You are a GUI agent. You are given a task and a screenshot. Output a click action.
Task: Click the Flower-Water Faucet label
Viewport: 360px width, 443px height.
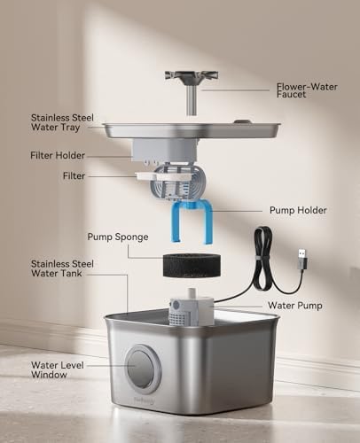point(307,90)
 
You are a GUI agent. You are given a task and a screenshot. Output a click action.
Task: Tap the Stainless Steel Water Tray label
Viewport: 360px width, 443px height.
point(62,122)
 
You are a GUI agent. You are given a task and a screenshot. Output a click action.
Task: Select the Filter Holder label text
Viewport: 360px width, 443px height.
point(58,155)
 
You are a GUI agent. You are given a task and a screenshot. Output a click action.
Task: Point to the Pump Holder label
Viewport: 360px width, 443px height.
point(298,210)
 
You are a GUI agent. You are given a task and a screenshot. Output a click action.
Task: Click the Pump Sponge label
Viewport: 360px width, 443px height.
point(118,237)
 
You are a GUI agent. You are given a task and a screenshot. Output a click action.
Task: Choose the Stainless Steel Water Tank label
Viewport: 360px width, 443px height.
point(62,268)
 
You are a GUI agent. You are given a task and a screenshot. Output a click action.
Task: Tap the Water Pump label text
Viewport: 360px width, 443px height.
point(295,306)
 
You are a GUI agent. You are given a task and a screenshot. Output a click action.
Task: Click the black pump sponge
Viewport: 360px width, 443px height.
point(192,265)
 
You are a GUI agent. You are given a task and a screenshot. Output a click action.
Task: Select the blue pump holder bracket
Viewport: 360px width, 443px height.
point(192,221)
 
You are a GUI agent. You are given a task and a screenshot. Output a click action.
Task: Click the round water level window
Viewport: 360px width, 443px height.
point(143,366)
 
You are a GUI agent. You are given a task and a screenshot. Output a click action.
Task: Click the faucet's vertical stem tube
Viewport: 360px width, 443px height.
point(192,100)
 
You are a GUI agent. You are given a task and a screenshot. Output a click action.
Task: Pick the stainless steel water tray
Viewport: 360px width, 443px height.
point(192,130)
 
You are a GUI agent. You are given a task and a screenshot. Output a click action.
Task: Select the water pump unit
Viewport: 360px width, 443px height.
point(191,308)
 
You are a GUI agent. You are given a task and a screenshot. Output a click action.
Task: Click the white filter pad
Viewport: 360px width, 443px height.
point(163,176)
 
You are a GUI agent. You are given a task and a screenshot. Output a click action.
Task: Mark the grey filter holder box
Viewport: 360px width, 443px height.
point(164,150)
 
